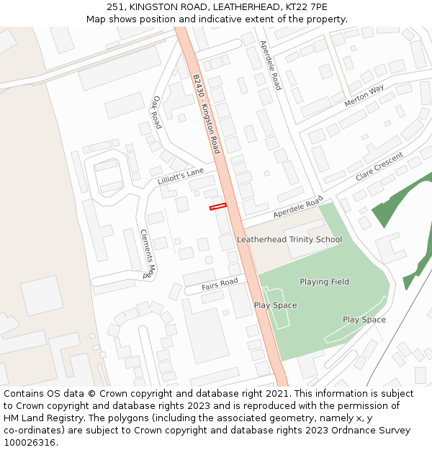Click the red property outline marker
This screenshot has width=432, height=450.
217,207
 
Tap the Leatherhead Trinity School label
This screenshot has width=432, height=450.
289,240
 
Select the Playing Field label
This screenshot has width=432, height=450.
324,282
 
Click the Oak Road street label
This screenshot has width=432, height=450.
157,112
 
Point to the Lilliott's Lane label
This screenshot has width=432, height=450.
181,176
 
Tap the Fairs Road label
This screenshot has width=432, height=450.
220,285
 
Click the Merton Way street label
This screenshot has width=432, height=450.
364,96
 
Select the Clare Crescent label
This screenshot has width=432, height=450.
379,167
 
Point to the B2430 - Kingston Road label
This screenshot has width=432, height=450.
206,114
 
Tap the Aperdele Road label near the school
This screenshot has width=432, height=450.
298,209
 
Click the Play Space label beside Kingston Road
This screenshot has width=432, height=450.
275,306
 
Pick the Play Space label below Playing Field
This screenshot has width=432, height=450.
364,320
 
